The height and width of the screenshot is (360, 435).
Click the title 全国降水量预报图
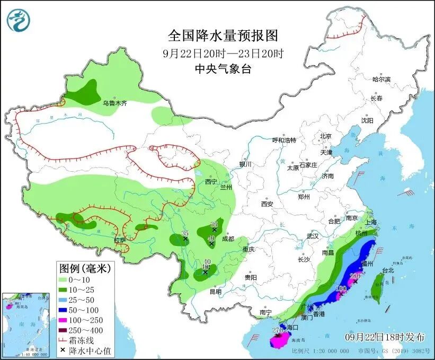[x=223, y=36]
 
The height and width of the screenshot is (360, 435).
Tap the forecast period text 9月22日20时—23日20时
[x=223, y=54]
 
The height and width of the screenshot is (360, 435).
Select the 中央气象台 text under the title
[x=223, y=69]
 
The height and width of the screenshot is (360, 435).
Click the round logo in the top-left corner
[x=19, y=20]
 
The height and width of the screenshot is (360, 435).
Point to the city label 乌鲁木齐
[x=114, y=103]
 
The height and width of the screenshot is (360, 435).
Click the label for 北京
[x=325, y=136]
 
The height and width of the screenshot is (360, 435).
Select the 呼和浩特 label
[x=284, y=140]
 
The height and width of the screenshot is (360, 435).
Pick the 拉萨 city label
[x=120, y=240]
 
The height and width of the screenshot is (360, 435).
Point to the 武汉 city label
[x=312, y=236]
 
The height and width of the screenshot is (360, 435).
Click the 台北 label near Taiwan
[x=388, y=270]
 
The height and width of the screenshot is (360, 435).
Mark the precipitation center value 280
[x=356, y=276]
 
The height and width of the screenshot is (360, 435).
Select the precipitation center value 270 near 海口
[x=277, y=331]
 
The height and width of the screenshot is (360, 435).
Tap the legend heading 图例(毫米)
[x=85, y=269]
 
